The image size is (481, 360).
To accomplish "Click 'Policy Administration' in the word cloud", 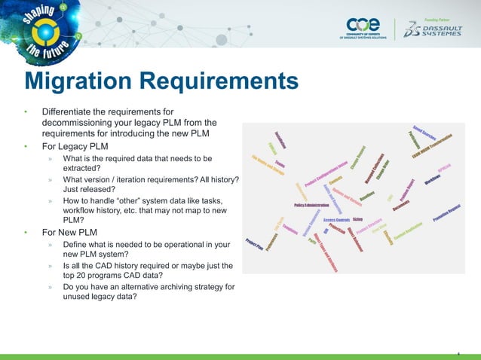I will (312, 205).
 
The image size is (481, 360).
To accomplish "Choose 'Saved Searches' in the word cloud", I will (425, 133).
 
